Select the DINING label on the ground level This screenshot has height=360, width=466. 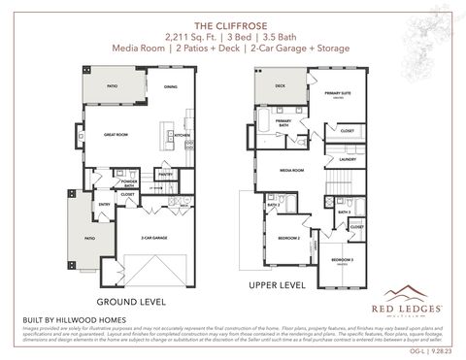[x=170, y=88]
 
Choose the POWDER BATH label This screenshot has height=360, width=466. [x=128, y=183]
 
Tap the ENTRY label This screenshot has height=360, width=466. [x=103, y=205]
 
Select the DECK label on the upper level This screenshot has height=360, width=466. [x=280, y=85]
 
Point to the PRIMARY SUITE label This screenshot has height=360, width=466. [x=336, y=92]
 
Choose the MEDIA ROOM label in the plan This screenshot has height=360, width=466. [x=292, y=170]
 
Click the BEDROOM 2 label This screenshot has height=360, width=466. [x=287, y=237]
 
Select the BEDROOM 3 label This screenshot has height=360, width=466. [x=341, y=259]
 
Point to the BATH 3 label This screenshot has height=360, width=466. [x=343, y=211]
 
